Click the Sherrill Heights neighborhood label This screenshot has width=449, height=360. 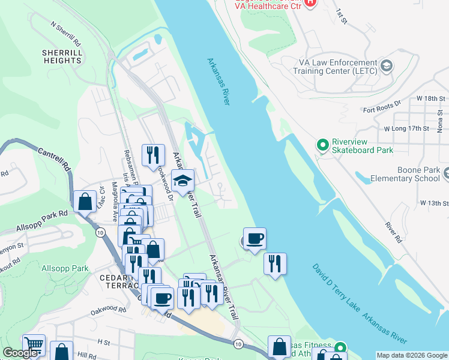coord(62,57)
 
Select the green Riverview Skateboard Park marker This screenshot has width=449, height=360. coord(322,145)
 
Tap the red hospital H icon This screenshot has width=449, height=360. coord(310,2)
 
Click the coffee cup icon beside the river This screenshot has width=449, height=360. coord(255,239)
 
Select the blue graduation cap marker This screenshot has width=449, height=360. coord(183,180)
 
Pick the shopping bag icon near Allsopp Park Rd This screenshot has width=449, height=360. coord(85,201)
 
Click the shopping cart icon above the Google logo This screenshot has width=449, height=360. coord(34,344)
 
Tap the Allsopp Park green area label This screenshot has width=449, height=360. coord(65,269)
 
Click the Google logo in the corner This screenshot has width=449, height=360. coord(20,353)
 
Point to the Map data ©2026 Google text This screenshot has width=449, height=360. coord(411,355)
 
